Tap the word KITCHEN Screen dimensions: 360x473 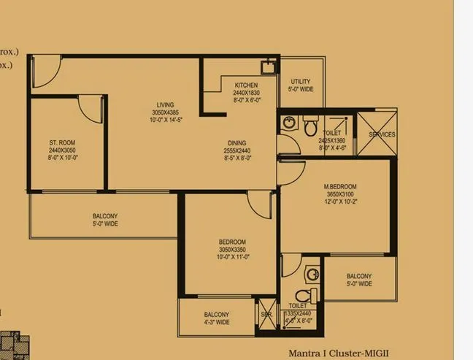click(x=245, y=85)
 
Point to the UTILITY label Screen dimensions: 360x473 click(x=301, y=82)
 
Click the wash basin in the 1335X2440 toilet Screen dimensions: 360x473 click(x=312, y=274)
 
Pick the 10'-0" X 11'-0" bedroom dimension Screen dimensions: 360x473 click(x=232, y=257)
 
